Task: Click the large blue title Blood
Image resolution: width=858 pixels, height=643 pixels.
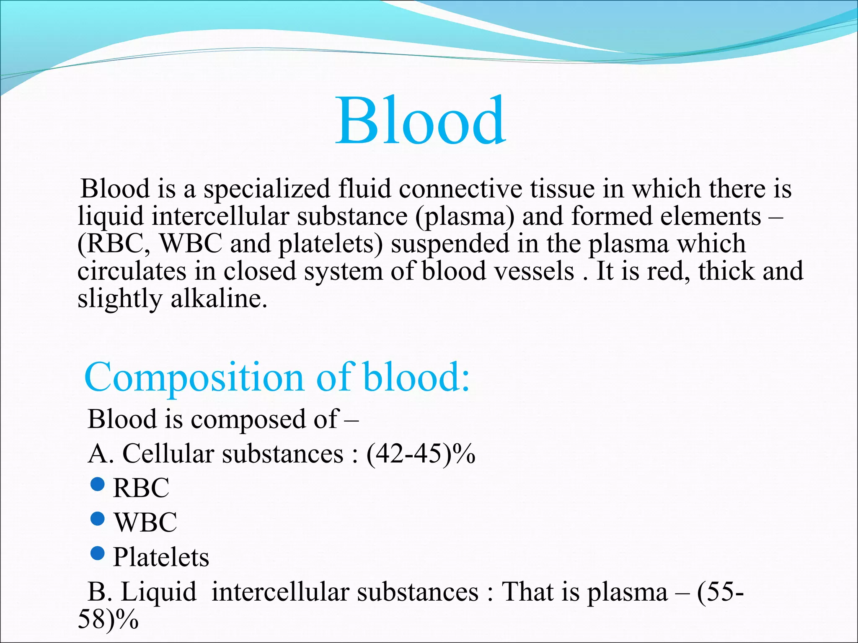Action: (x=421, y=121)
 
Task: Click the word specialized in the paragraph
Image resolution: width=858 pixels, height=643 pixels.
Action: (x=267, y=189)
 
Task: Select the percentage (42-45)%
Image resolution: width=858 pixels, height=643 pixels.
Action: (x=421, y=454)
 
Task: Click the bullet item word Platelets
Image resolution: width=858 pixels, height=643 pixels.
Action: (x=161, y=557)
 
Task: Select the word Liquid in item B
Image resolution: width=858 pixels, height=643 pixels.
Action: (x=158, y=592)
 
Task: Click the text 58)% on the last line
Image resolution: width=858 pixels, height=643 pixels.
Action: (x=108, y=620)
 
